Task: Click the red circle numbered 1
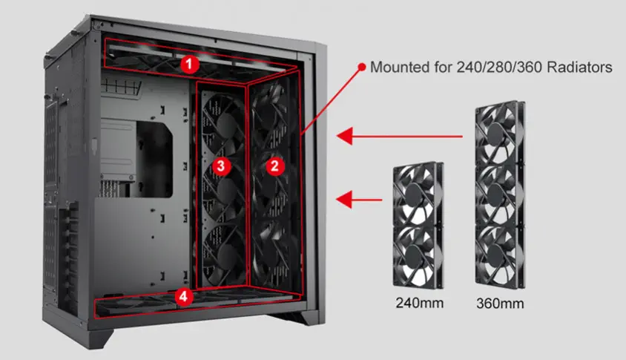pos(189,65)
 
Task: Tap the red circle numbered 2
pos(274,166)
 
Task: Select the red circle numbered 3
pos(221,166)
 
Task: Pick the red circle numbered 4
pos(184,297)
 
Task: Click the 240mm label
pos(420,303)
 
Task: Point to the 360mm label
pos(500,304)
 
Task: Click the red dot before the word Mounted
pos(362,67)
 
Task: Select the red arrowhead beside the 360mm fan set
pos(345,136)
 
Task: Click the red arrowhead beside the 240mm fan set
pos(345,200)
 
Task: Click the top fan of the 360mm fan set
pos(499,133)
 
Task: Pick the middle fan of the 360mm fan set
pos(499,194)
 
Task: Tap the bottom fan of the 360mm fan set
pos(499,257)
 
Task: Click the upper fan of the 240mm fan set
pos(418,194)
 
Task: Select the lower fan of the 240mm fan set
pos(418,257)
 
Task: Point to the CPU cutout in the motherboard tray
pos(154,160)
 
